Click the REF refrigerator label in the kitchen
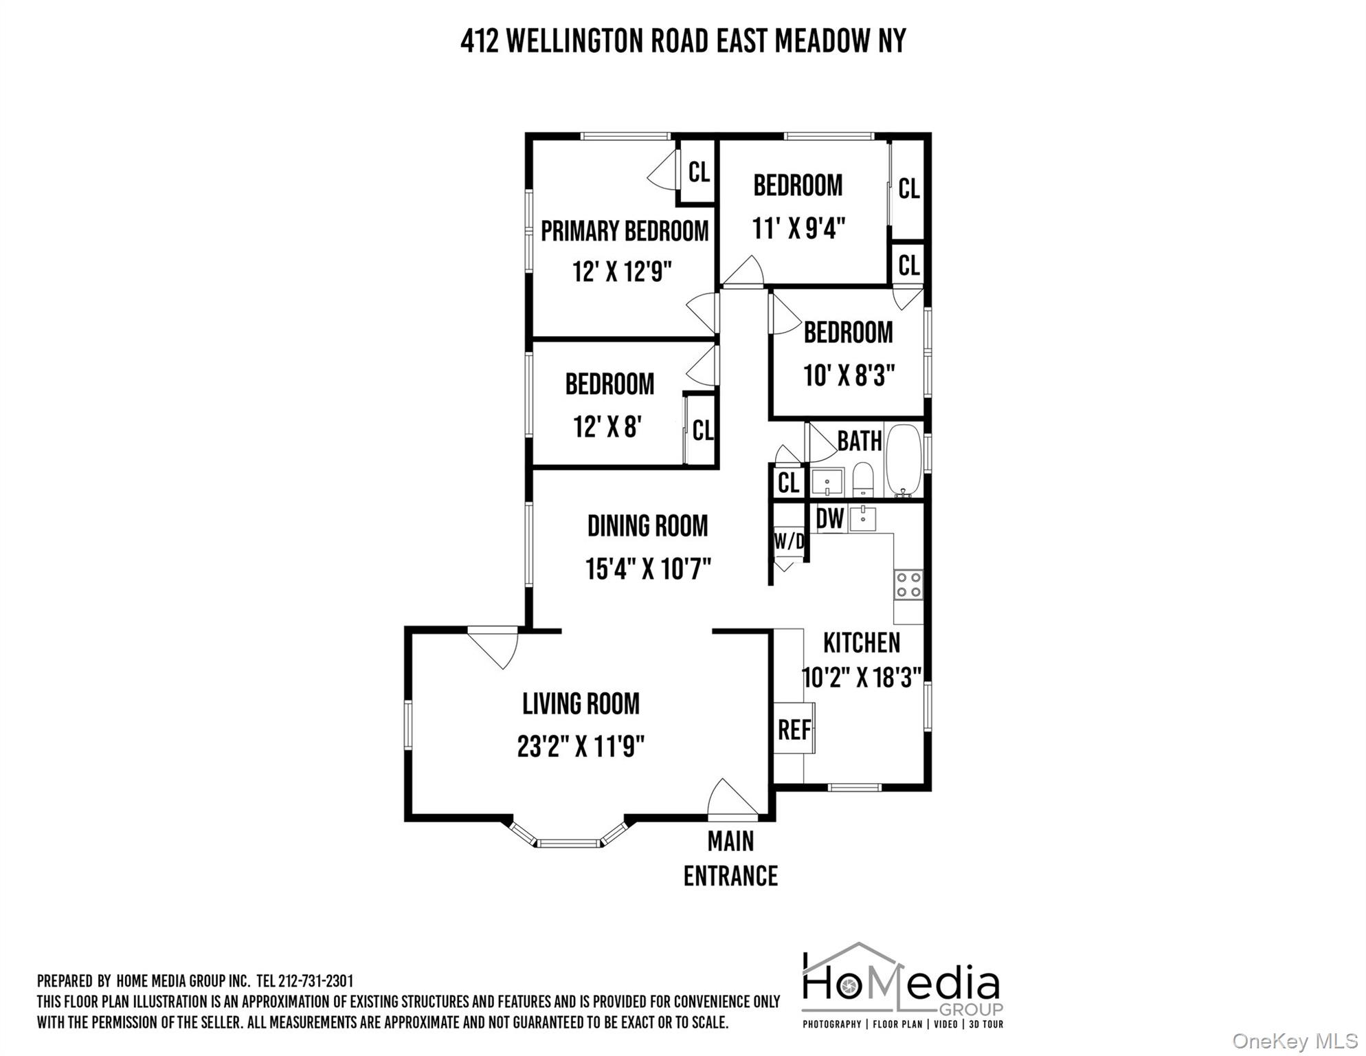click(x=794, y=729)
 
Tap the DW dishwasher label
click(x=829, y=519)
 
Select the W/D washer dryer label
click(x=788, y=542)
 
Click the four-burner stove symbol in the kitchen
click(x=908, y=585)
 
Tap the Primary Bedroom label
click(x=624, y=231)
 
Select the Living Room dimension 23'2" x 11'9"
click(x=581, y=747)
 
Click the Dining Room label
click(x=647, y=527)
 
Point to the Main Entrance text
click(x=730, y=859)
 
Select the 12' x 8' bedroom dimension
click(x=607, y=427)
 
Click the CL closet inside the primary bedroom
click(x=698, y=172)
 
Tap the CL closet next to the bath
click(x=788, y=483)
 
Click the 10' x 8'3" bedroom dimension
click(x=849, y=376)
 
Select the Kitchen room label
click(x=861, y=643)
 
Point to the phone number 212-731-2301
click(x=315, y=981)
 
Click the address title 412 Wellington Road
click(x=682, y=41)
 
